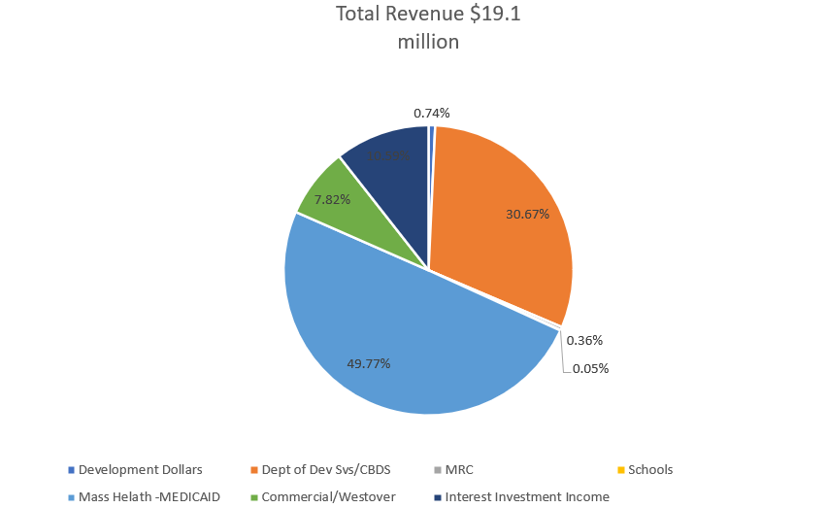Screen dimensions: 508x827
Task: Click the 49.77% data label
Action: click(x=369, y=363)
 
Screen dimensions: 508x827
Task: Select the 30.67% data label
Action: click(x=527, y=214)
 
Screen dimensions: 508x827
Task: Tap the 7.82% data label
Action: click(x=332, y=199)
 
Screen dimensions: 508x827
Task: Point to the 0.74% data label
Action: click(x=432, y=113)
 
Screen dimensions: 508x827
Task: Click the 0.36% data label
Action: click(x=584, y=340)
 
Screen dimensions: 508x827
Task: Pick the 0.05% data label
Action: click(x=590, y=368)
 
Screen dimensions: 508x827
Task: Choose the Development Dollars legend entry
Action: click(x=140, y=469)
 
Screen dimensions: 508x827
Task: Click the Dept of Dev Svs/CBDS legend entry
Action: click(x=325, y=469)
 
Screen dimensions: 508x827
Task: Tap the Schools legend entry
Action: click(x=649, y=469)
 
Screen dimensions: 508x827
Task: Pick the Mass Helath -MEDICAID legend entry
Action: click(x=149, y=496)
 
